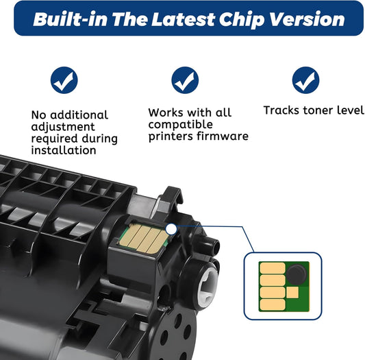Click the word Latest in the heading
183,19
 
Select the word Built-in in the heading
71,19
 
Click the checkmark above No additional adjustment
64,80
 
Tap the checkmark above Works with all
185,80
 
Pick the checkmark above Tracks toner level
306,80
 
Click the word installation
64,150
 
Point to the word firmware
223,136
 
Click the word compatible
180,125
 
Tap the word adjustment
63,128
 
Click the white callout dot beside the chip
171,229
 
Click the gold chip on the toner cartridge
144,239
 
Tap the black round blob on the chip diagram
296,274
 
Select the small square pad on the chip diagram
292,292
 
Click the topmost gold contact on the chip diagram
273,268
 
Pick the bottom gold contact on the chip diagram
273,304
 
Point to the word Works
166,112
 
